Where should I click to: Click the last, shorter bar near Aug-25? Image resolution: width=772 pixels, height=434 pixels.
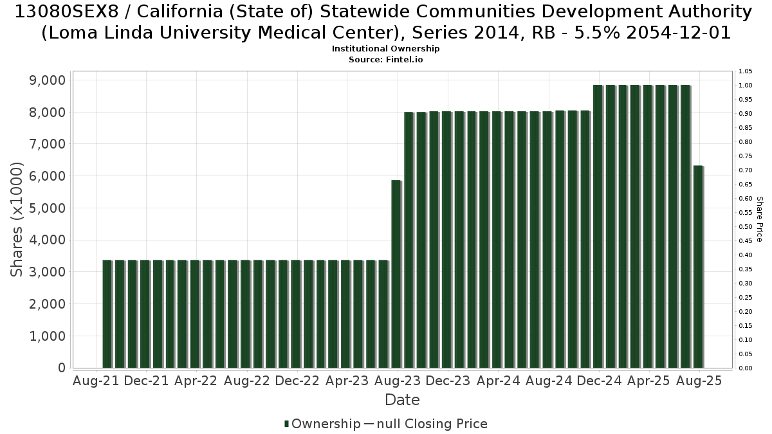[699, 267]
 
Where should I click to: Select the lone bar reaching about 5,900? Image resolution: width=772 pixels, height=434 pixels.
[397, 274]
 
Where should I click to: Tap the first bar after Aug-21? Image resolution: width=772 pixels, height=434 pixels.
[107, 314]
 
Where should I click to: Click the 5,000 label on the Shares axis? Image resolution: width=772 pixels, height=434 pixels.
[47, 208]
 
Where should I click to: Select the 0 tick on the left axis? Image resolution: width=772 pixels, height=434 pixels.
[62, 368]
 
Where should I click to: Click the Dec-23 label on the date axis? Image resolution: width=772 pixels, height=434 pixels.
[448, 381]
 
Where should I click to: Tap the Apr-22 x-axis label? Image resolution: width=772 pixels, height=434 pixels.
[196, 381]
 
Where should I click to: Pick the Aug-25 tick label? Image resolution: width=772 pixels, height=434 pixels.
[699, 381]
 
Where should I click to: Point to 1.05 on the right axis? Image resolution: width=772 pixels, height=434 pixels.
[745, 71]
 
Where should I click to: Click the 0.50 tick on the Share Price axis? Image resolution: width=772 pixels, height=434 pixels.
[745, 226]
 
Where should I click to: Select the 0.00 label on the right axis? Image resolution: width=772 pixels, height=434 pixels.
[745, 368]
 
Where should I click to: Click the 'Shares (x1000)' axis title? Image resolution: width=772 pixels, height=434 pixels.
[17, 219]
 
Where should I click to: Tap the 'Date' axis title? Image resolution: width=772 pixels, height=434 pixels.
[402, 400]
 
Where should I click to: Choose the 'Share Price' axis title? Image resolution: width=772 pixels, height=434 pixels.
[760, 219]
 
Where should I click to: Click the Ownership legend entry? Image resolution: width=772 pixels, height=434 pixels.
[322, 424]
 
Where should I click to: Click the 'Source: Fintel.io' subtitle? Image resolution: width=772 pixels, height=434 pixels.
[385, 60]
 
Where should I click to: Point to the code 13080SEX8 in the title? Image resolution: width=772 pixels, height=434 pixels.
[66, 12]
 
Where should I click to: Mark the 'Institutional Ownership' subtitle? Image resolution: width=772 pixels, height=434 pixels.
[385, 49]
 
